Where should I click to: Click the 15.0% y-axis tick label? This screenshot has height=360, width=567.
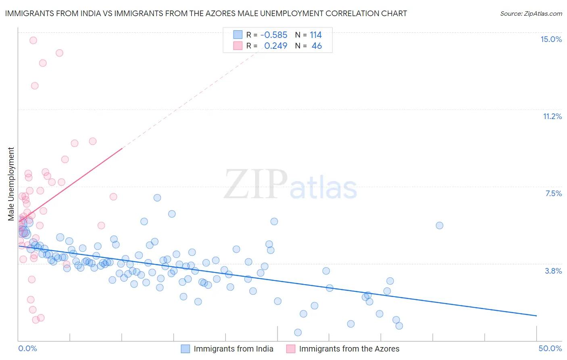point(551,39)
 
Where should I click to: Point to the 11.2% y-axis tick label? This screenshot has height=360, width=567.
point(552,116)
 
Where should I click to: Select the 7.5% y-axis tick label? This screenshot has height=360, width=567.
point(553,193)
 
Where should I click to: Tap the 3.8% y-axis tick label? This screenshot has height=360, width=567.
point(553,271)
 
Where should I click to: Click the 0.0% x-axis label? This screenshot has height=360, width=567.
point(27,348)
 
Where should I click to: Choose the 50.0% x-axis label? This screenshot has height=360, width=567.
point(550,348)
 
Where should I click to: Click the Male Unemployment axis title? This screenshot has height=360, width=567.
point(11,184)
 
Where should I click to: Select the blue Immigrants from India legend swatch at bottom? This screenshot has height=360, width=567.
point(185,349)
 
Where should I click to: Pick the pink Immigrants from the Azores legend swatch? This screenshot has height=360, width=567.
point(290,349)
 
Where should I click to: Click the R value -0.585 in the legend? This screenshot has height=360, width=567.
point(274,35)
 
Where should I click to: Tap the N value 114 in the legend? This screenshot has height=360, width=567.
point(316,35)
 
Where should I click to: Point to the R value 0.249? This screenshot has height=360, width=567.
point(276,46)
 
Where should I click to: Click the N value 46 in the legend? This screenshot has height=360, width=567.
point(317,46)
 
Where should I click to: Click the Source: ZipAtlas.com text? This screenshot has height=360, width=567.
point(531,13)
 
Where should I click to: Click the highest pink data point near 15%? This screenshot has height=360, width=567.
point(33,40)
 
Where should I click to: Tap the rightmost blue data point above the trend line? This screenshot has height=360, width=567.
point(440,225)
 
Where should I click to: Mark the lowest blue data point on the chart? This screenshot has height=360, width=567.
point(298,332)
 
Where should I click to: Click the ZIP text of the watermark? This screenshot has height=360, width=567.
point(255,184)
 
